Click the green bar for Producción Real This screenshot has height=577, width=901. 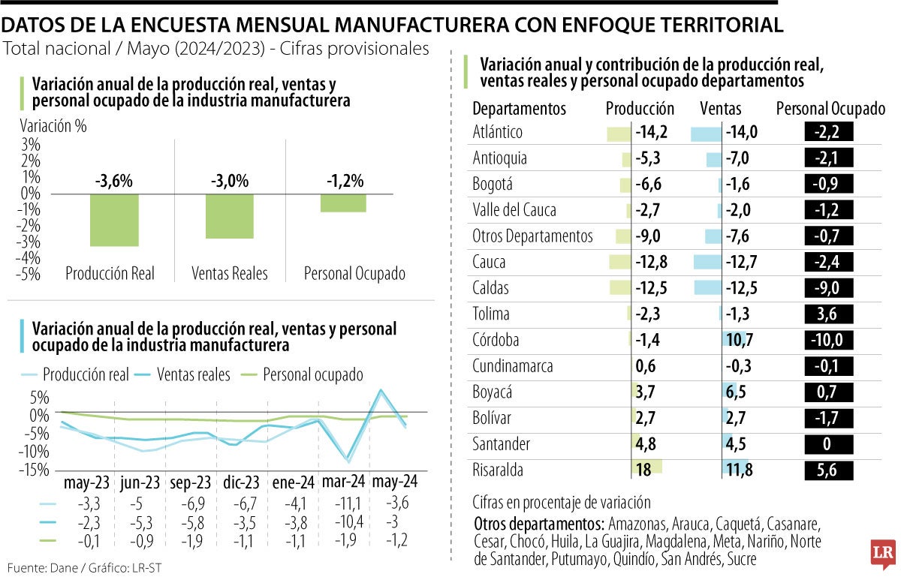114,220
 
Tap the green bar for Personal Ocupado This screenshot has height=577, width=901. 343,203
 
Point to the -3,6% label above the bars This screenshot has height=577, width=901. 114,181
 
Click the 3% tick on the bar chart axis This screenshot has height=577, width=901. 30,144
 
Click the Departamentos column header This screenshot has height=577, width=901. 520,109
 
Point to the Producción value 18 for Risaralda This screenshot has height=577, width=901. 644,470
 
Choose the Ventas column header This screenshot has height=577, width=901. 720,109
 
